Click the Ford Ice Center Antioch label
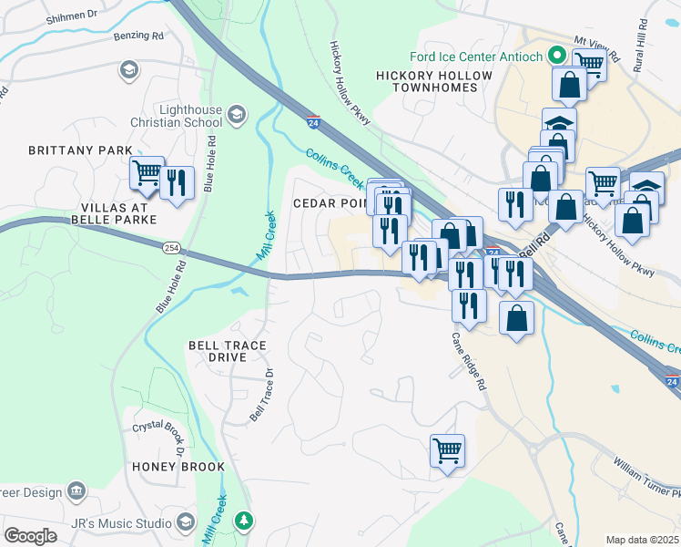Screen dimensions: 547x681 pyautogui.click(x=477, y=57)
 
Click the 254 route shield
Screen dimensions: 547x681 pyautogui.click(x=172, y=247)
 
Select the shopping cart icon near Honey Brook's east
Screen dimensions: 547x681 pyautogui.click(x=447, y=450)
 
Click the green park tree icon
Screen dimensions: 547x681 pyautogui.click(x=243, y=521)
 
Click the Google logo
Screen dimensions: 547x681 pyautogui.click(x=30, y=536)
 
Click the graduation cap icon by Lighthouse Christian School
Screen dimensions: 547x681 pyautogui.click(x=238, y=114)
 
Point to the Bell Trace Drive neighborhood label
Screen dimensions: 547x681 pyautogui.click(x=217, y=352)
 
